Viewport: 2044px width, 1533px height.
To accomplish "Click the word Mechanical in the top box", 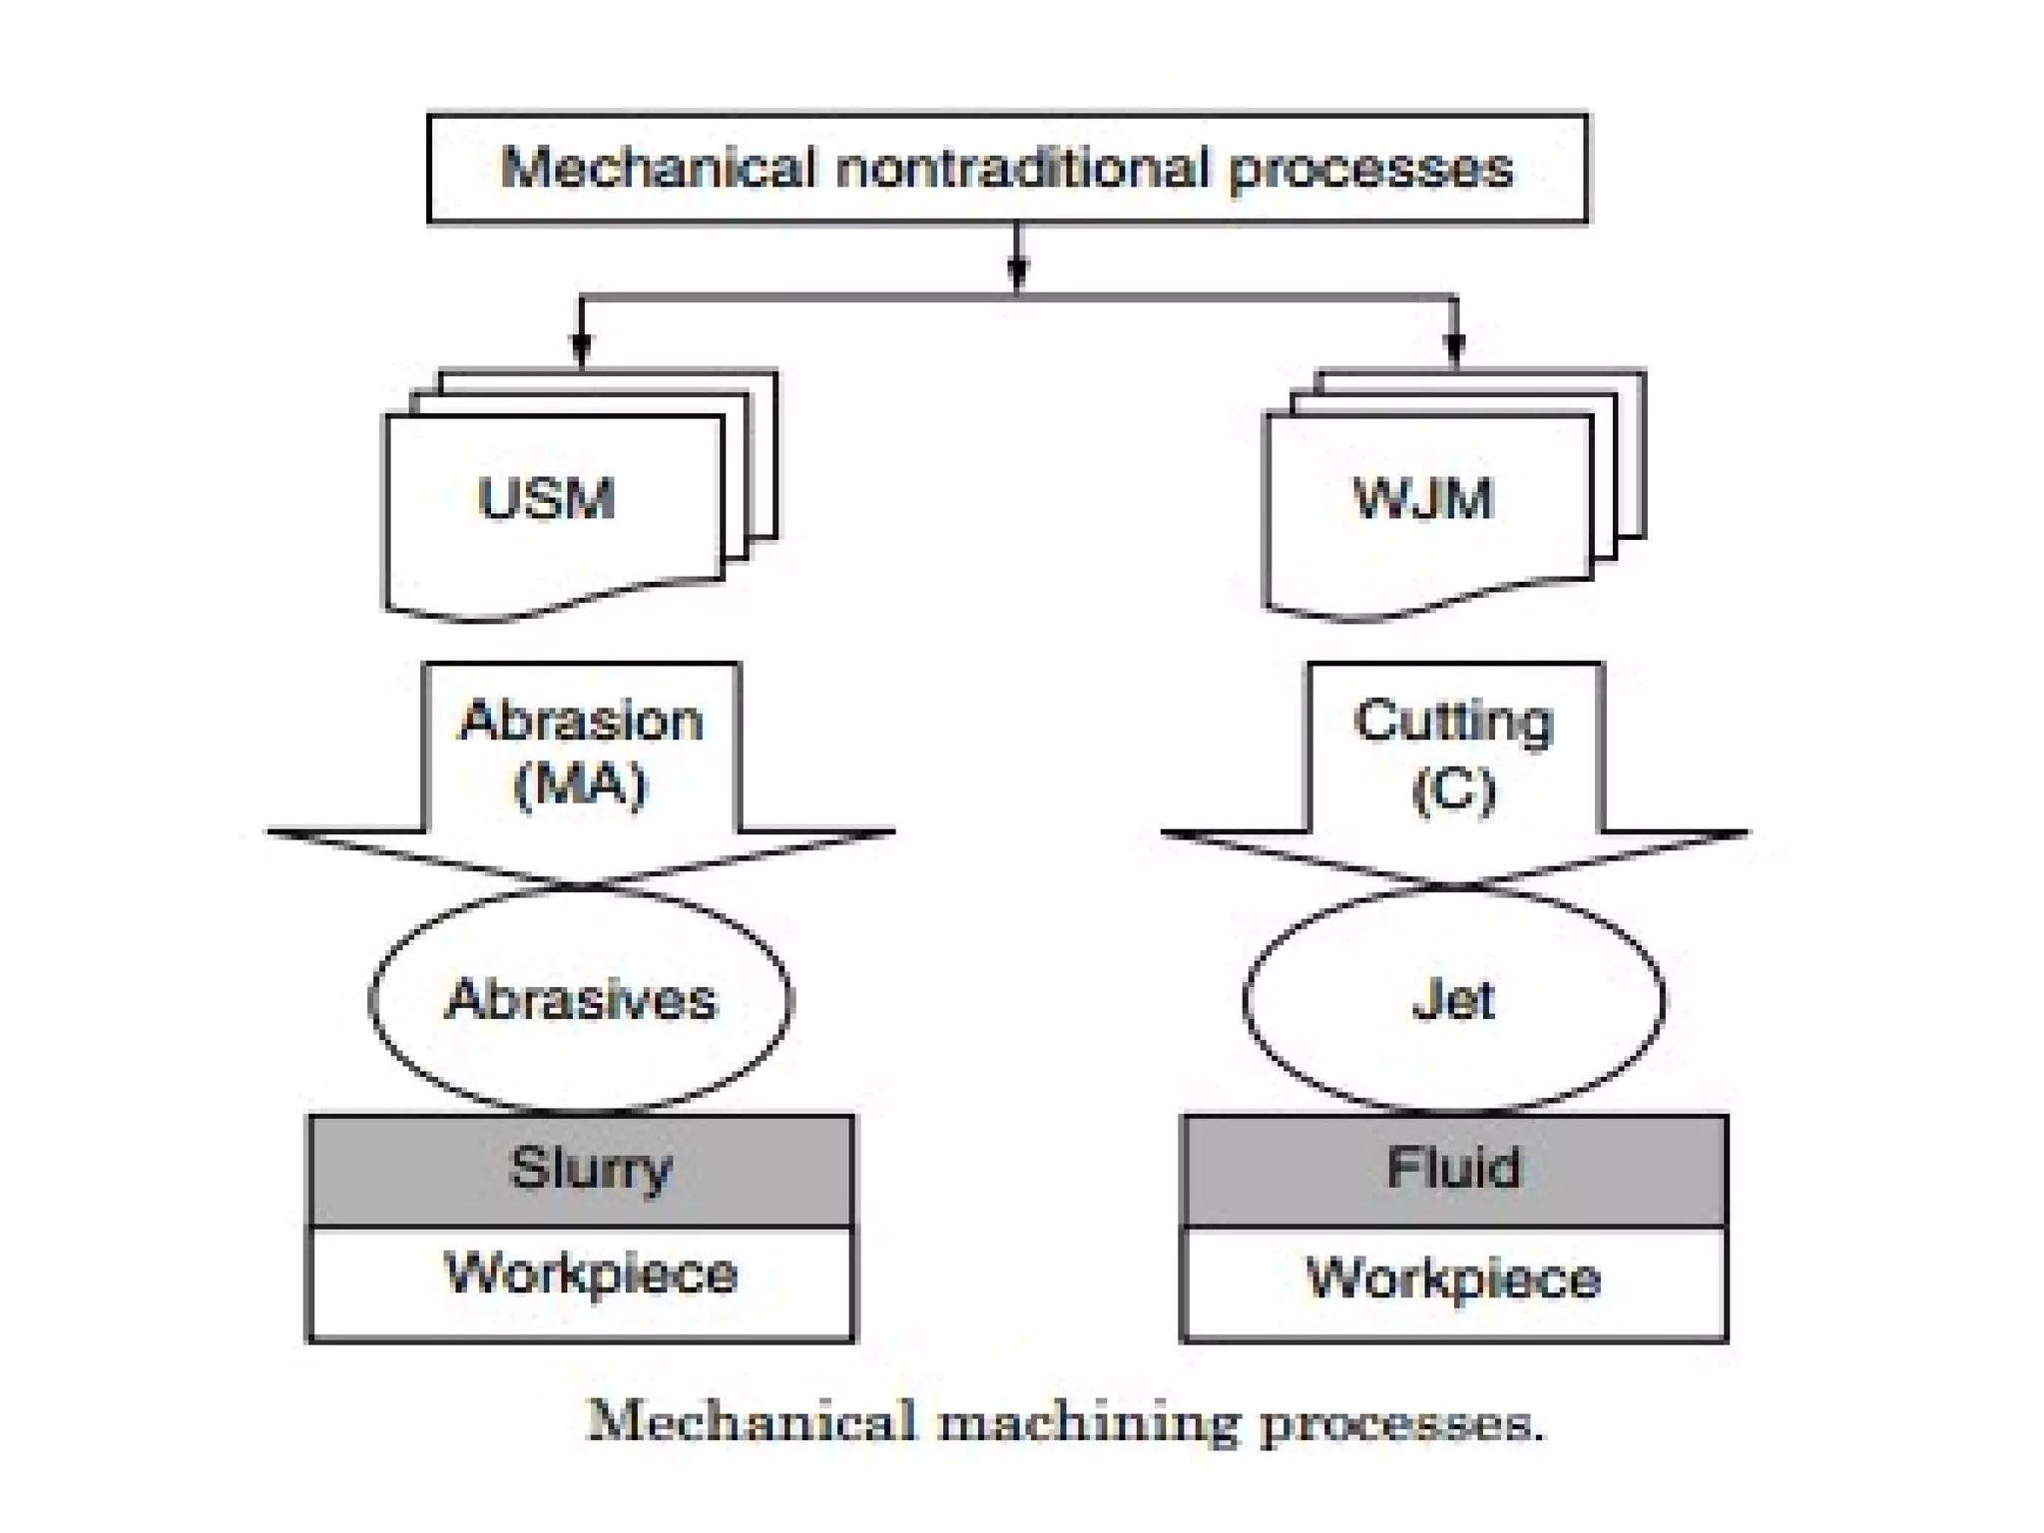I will pos(658,168).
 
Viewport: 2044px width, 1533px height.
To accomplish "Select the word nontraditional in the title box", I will pos(1023,168).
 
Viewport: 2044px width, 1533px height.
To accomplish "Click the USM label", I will pos(546,498).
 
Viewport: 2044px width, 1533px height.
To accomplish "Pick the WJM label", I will pos(1422,498).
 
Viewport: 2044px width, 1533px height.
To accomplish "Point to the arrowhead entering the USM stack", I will pos(582,349).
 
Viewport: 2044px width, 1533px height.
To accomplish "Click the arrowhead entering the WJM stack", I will pos(1454,349).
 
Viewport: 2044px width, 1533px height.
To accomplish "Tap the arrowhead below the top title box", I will pos(1017,271).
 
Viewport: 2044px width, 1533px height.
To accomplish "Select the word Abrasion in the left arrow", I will pos(581,722).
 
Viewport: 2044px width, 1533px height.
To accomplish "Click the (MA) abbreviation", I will pos(581,784).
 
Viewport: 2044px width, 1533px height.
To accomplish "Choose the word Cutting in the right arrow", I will pos(1453,722).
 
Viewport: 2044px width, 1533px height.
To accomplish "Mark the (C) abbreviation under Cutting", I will pos(1454,790).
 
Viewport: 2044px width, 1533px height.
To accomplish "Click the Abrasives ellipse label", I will pos(581,1000).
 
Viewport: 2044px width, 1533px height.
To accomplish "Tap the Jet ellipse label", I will pos(1453,1000).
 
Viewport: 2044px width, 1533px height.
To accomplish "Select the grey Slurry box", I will pos(582,1170).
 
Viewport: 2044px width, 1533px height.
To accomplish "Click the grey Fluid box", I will pos(1454,1170).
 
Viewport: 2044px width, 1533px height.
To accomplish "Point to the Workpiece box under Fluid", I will pos(1454,1282).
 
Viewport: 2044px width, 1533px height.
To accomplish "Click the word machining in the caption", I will pos(1087,1423).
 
